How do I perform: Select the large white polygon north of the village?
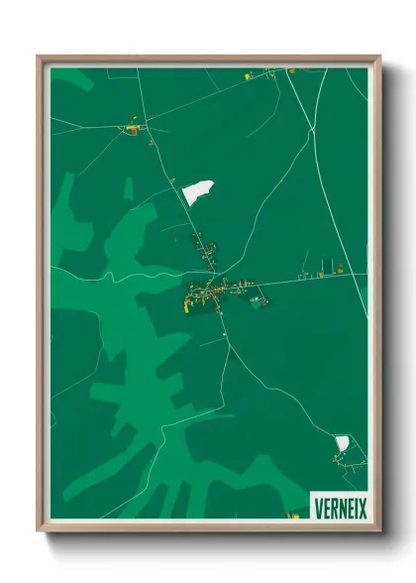(x=198, y=190)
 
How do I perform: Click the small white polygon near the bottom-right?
(x=342, y=442)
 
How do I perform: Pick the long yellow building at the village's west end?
(x=186, y=301)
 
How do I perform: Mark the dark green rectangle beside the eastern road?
(x=326, y=265)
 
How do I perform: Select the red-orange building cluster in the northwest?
(x=130, y=128)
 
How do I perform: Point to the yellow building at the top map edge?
(x=249, y=73)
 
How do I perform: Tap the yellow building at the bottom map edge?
(x=291, y=515)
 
